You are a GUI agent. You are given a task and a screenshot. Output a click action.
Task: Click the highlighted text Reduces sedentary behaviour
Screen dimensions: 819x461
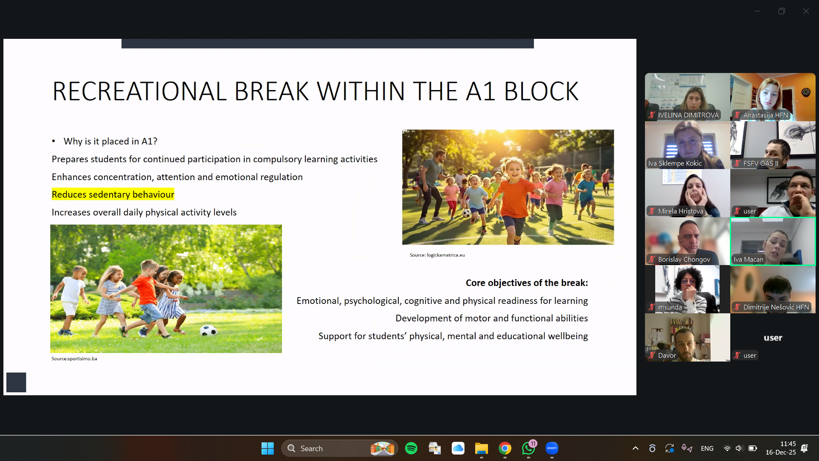tap(113, 195)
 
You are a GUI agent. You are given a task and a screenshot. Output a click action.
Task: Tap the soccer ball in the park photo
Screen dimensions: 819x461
tap(208, 330)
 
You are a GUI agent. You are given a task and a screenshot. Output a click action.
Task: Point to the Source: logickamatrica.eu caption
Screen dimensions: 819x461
tap(437, 255)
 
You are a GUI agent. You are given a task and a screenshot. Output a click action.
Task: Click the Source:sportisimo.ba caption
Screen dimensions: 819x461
tap(74, 359)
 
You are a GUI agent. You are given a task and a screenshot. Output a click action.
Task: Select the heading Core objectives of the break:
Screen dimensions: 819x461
tap(527, 283)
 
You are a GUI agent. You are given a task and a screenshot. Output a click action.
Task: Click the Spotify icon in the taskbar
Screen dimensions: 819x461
tap(411, 448)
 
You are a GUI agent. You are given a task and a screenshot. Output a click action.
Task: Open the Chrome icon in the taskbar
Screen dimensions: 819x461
tap(505, 448)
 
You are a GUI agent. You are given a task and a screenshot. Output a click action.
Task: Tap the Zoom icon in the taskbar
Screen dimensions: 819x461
tap(552, 448)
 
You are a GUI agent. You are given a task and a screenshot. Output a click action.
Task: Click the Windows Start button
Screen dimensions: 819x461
tap(267, 448)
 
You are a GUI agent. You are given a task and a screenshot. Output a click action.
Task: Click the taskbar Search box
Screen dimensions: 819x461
tap(340, 448)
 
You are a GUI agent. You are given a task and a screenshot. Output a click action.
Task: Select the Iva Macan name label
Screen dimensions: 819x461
tap(748, 260)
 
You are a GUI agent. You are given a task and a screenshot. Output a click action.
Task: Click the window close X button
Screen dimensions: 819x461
tap(806, 11)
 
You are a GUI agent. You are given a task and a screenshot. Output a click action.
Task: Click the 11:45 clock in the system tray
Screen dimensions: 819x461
tap(788, 444)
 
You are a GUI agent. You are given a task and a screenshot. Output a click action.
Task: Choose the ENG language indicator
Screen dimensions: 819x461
tap(707, 449)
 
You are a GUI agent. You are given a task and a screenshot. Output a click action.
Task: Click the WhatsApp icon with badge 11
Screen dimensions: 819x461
tap(529, 448)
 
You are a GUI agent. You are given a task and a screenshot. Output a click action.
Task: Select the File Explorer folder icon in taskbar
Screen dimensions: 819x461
tap(482, 448)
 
